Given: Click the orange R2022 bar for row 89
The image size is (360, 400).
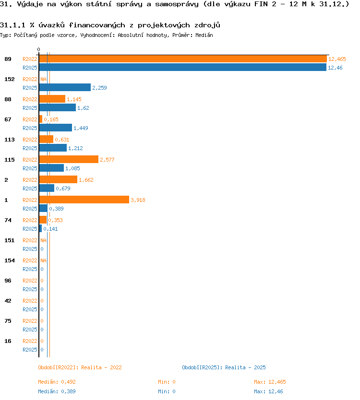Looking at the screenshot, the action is coord(183,59).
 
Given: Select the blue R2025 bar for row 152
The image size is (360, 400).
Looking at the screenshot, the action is coord(65,87).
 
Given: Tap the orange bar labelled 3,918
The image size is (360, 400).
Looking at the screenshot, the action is coord(84,200).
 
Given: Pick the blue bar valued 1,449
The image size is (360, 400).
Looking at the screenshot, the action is coord(55,128).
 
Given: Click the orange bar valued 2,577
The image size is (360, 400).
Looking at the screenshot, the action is coord(69,159).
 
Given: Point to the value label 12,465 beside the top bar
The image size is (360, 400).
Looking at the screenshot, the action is coord(337,59).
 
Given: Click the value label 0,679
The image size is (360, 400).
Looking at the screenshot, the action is coord(63,188).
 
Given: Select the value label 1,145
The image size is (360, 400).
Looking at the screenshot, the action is coord(74,99).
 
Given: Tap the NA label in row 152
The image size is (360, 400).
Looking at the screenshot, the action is coord(43,79).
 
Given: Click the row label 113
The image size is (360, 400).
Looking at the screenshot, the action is coord(10,140).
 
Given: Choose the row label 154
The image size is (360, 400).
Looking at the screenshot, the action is coord(10,260).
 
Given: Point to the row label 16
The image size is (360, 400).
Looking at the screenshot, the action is coord(8,341).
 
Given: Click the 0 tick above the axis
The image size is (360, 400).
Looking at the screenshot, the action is coord(38,49).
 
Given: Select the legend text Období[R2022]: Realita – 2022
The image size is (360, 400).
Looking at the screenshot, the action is coord(80,367).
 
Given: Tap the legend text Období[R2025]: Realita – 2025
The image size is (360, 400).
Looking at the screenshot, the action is coord(224,367).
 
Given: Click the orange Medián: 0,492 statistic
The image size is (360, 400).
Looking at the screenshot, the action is coord(57,382).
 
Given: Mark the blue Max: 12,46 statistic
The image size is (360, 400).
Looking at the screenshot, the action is coord(269,391).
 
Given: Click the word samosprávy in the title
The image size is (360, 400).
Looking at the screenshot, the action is coord(177,4).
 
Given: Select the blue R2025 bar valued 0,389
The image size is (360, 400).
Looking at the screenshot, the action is coord(43,209).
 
